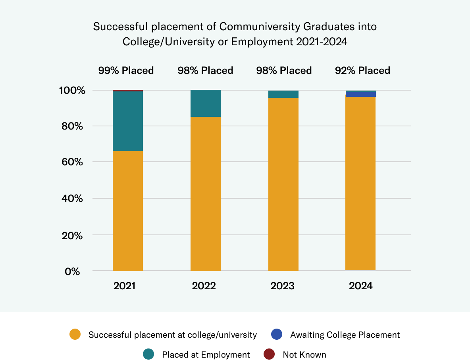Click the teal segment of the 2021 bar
tap(128, 121)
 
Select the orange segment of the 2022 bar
tap(206, 194)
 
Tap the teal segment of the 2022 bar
tap(206, 103)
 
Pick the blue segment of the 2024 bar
tap(361, 95)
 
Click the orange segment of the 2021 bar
tap(128, 211)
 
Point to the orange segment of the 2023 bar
tap(283, 184)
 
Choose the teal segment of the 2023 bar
tap(283, 94)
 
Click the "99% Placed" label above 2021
tap(126, 71)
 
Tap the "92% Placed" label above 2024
tap(362, 71)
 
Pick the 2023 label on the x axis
tap(283, 286)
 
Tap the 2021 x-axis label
tap(125, 286)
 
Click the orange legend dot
tap(75, 334)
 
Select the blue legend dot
tap(277, 334)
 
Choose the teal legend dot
tap(148, 354)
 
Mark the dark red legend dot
tap(269, 354)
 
